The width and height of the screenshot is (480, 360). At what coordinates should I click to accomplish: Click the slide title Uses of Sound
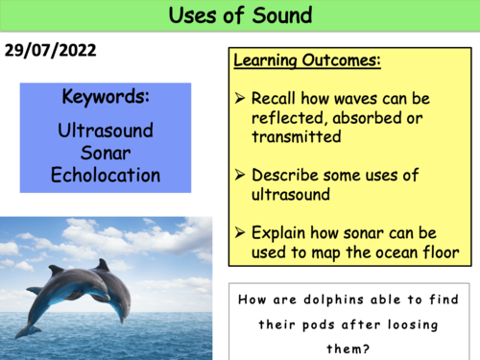coord(239,16)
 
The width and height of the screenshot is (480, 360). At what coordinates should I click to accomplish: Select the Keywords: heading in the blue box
coord(105,98)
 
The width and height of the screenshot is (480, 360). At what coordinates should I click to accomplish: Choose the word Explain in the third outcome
coord(279,231)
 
